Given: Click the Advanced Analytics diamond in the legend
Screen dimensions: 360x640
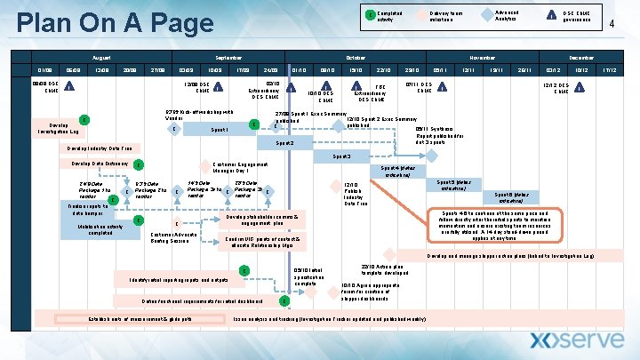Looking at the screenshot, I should click(x=486, y=16).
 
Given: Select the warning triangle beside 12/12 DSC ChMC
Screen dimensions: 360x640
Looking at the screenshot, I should click(x=579, y=86).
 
